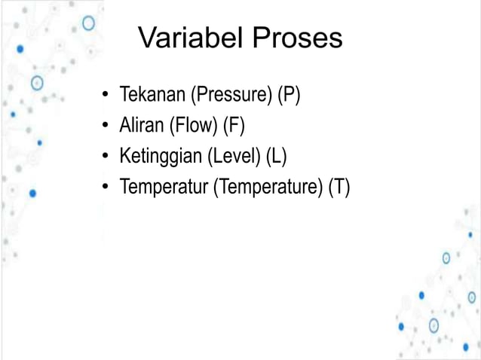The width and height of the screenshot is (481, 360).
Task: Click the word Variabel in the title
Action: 188,38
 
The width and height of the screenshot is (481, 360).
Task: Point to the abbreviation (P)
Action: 289,96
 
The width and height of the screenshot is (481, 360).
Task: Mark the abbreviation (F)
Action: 234,125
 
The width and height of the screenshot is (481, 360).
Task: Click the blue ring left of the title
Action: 89,23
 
